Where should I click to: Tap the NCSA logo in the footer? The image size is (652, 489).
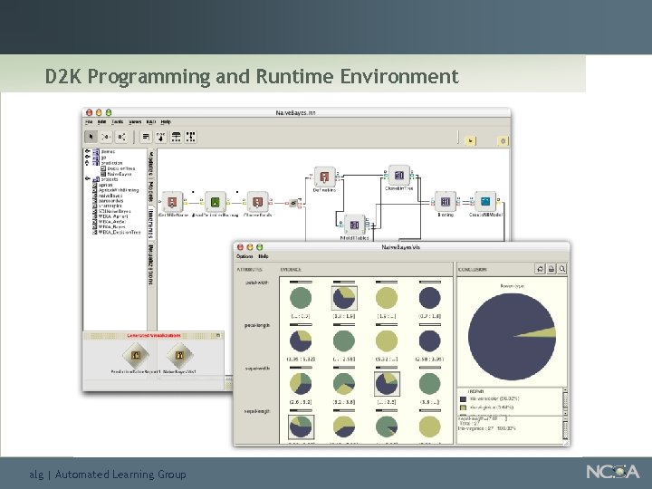click(612, 471)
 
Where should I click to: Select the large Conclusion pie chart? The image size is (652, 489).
click(513, 337)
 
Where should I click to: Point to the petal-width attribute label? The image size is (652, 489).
click(254, 282)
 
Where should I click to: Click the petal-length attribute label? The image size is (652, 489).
click(254, 324)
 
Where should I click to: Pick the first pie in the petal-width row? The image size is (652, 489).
click(300, 298)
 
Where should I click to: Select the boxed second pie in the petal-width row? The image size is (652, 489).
click(344, 298)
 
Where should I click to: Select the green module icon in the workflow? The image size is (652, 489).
click(215, 201)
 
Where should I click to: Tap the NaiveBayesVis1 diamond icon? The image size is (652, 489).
click(179, 356)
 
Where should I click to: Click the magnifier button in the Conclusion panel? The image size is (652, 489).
click(562, 269)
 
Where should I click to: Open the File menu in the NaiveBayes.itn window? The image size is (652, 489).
click(90, 121)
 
